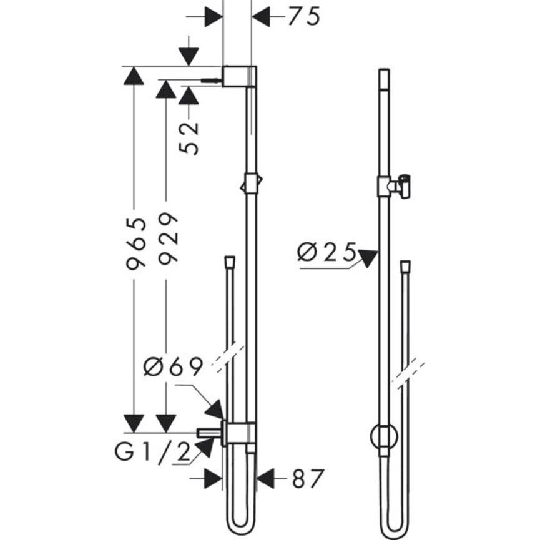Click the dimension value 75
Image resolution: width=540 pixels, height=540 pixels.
click(304, 17)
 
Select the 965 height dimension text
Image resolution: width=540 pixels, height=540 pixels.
click(135, 243)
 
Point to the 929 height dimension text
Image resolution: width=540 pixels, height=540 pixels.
click(167, 237)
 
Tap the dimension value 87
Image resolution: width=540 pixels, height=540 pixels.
click(308, 479)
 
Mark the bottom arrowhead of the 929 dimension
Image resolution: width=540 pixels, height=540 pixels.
click(165, 423)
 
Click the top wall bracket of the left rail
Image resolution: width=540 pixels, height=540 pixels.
click(238, 76)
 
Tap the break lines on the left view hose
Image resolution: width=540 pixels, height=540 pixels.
click(228, 356)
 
